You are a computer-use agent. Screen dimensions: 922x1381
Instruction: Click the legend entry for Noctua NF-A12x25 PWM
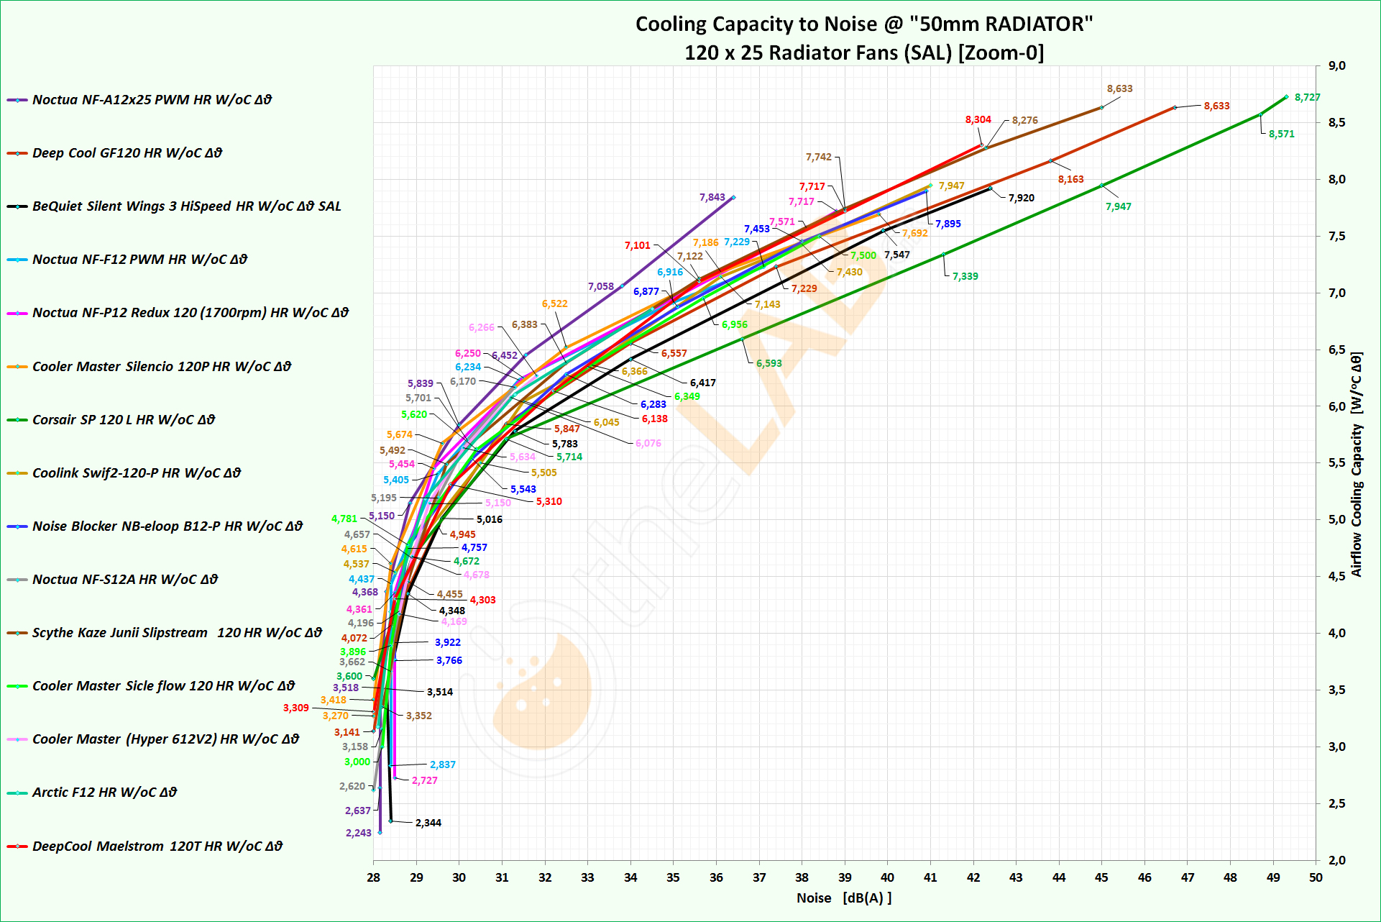point(152,100)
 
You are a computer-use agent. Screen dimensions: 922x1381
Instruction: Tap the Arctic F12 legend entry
point(104,793)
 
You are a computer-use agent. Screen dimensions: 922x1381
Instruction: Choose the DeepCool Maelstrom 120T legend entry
point(157,846)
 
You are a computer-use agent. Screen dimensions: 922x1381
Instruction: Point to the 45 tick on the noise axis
point(1101,877)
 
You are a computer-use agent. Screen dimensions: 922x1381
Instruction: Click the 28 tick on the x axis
point(373,877)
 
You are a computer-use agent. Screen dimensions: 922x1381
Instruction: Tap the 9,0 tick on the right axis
point(1336,66)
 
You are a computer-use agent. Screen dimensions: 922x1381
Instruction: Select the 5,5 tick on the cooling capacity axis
point(1336,463)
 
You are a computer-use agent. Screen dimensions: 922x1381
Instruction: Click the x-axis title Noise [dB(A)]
point(844,898)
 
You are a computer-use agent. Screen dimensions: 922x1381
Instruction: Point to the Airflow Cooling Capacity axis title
point(1357,464)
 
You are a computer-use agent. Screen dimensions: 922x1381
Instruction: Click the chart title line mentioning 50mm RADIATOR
point(863,24)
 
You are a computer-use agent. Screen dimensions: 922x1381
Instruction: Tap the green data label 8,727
point(1307,98)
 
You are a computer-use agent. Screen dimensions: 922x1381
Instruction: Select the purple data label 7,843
point(712,197)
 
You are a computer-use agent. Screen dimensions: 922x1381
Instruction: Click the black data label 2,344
point(428,823)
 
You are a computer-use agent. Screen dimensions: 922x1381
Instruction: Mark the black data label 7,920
point(1021,198)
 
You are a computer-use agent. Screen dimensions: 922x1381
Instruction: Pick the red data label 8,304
point(978,119)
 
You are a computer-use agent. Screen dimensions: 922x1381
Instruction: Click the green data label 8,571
point(1281,134)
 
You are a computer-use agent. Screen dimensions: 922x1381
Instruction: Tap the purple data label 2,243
point(358,833)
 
